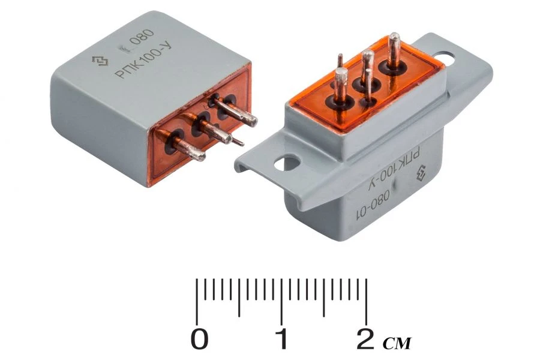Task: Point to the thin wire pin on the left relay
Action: [238, 142]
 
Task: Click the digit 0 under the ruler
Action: [200, 340]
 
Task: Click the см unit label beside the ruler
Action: [397, 343]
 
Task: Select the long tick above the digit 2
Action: [367, 300]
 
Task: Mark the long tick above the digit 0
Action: [199, 300]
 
